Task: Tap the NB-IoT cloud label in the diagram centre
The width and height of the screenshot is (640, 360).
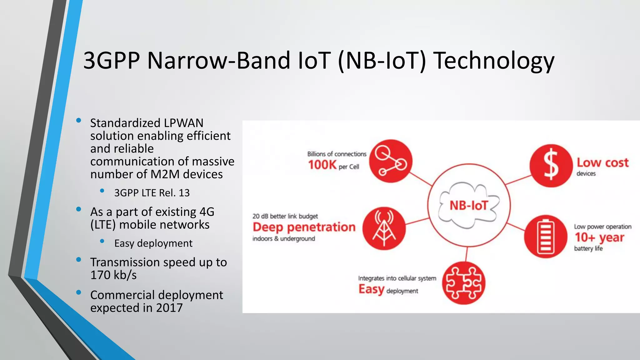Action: (469, 206)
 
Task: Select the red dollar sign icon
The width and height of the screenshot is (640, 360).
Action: (551, 166)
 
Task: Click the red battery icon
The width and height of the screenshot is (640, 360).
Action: (546, 237)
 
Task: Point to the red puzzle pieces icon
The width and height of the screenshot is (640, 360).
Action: (464, 283)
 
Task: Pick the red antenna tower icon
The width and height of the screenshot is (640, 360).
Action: (384, 228)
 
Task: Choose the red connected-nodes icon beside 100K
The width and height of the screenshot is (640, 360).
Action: (391, 161)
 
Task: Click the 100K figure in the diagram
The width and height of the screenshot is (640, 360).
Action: (322, 165)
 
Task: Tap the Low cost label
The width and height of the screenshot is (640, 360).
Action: (602, 163)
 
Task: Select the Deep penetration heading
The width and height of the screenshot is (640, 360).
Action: (304, 227)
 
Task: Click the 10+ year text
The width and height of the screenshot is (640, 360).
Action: (599, 237)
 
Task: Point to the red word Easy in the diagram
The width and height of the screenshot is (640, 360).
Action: (371, 289)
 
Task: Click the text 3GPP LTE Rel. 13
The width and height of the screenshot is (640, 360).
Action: (152, 193)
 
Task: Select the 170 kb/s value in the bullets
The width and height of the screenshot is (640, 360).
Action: (113, 275)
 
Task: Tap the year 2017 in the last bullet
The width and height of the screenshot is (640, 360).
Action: (169, 308)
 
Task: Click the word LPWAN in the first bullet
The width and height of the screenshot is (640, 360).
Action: (184, 123)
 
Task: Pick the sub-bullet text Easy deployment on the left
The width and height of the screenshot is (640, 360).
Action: (153, 243)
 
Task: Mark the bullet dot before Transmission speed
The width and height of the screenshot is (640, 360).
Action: (79, 259)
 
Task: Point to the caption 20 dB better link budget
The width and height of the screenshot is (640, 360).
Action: (285, 216)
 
